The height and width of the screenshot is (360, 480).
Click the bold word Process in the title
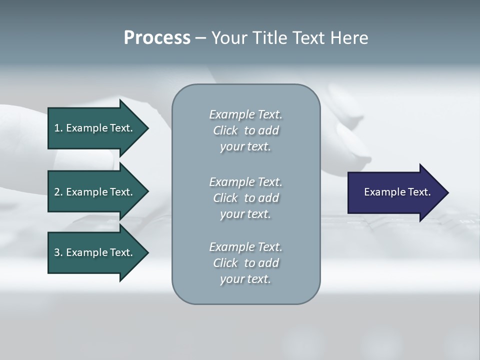click(x=157, y=38)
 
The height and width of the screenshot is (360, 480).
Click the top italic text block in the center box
click(x=245, y=130)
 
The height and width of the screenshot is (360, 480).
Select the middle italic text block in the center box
click(x=245, y=198)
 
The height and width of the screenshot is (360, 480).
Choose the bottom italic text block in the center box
click(x=245, y=263)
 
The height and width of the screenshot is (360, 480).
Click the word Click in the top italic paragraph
click(x=225, y=130)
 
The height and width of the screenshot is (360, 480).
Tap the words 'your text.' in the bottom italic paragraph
click(x=245, y=279)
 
